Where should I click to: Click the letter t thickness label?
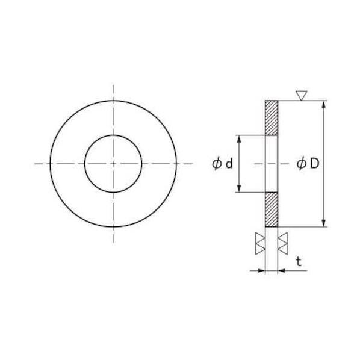pos(299,262)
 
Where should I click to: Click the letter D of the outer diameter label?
pos(315,164)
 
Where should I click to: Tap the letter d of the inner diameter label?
pos(229,164)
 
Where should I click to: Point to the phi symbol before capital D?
pos(301,164)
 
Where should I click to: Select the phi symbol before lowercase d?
pos(217,164)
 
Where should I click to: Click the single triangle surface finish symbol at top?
pos(301,96)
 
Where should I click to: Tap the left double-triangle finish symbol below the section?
pos(260,243)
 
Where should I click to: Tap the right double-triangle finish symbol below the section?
pos(282,243)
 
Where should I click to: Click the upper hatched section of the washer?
pos(272,118)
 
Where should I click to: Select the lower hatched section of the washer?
pos(272,209)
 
